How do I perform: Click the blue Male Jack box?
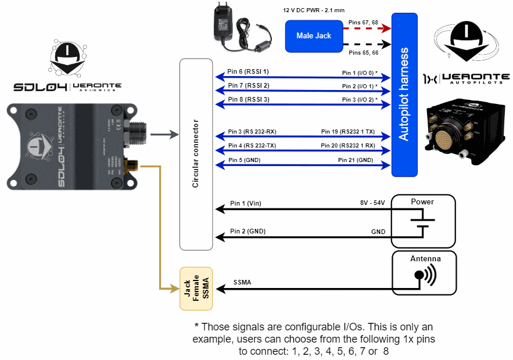(314, 36)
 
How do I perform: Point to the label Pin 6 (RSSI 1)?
(248, 71)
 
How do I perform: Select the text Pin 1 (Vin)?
(246, 203)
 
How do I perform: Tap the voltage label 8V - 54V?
(372, 203)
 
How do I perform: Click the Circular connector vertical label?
(196, 154)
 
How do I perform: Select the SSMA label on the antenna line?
(243, 282)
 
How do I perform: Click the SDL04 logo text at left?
(40, 87)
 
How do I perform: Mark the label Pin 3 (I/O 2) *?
(360, 100)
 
